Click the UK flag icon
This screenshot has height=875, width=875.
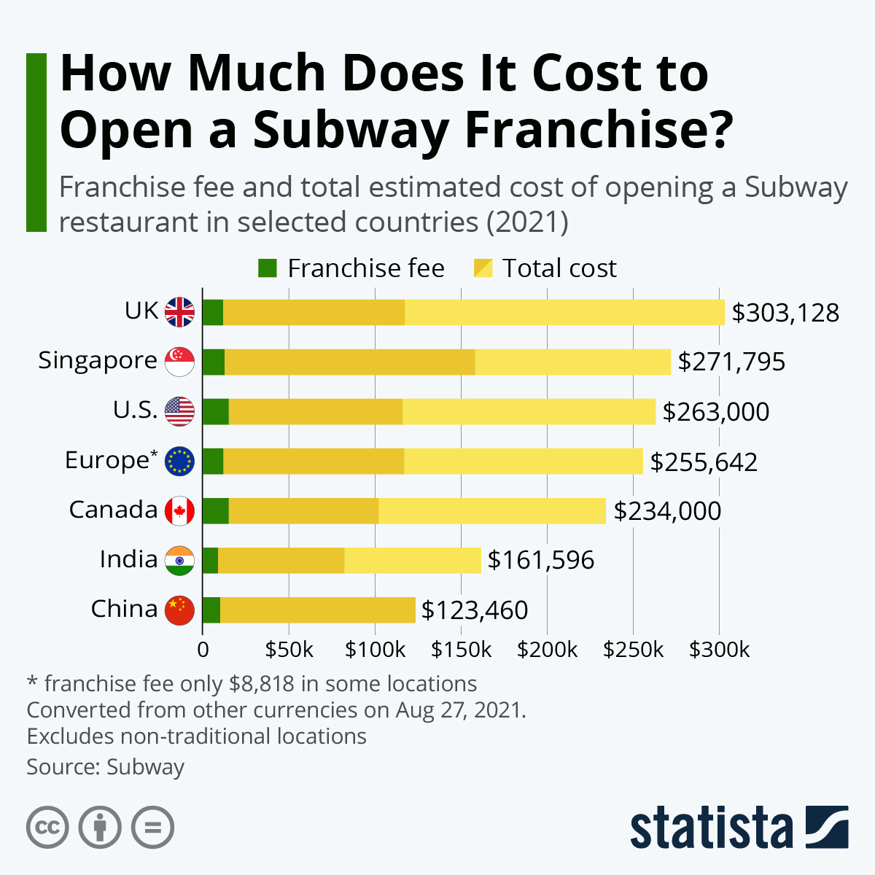(179, 312)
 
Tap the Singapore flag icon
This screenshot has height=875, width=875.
(179, 362)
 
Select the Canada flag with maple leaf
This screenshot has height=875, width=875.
(179, 510)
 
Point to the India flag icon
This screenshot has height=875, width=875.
(179, 560)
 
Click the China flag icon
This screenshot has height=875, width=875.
(179, 610)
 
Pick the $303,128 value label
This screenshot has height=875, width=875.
(785, 313)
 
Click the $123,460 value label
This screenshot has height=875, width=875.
(475, 610)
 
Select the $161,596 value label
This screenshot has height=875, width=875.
(541, 560)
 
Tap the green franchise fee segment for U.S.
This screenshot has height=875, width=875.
(215, 411)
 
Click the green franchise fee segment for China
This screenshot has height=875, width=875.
(211, 610)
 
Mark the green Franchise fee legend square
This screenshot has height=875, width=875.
(268, 268)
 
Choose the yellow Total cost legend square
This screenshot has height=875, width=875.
(483, 268)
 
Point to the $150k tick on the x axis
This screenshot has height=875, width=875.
(461, 650)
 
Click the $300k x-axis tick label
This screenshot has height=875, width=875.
(719, 650)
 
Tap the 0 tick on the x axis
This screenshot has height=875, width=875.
(203, 650)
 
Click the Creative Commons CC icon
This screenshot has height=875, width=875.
(47, 828)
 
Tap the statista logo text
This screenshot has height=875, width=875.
(711, 828)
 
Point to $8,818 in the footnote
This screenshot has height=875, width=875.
(262, 684)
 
